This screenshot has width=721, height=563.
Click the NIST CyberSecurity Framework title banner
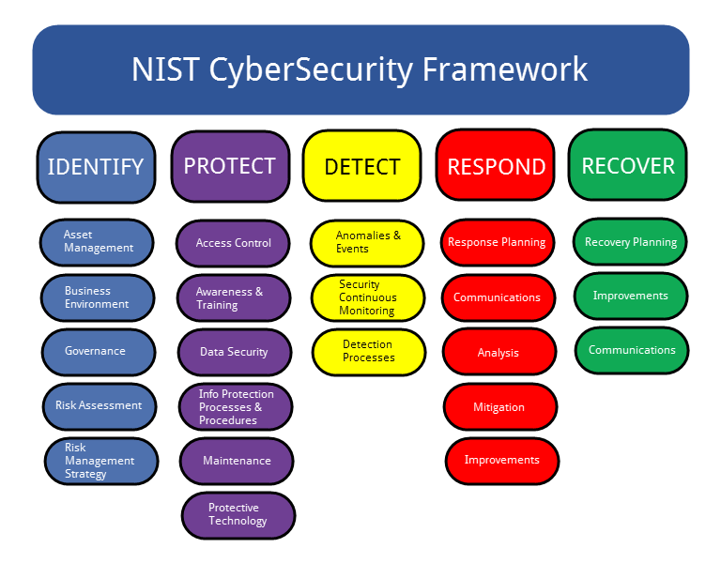pyautogui.click(x=360, y=70)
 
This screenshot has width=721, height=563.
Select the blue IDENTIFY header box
pyautogui.click(x=96, y=167)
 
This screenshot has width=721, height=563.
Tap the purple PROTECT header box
pyautogui.click(x=230, y=166)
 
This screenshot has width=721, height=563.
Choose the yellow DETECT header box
pyautogui.click(x=361, y=166)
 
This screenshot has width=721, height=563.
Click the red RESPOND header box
pyautogui.click(x=496, y=166)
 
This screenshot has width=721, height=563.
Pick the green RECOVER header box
pyautogui.click(x=628, y=165)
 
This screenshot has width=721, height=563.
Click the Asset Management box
pyautogui.click(x=97, y=242)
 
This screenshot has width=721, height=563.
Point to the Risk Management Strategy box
pyautogui.click(x=101, y=461)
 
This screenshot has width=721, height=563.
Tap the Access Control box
pyautogui.click(x=233, y=243)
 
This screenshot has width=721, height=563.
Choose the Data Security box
pyautogui.click(x=235, y=353)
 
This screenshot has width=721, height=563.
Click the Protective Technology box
pyautogui.click(x=238, y=515)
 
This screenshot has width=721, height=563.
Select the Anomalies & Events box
pyautogui.click(x=367, y=243)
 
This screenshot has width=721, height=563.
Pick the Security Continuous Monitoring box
pyautogui.click(x=368, y=297)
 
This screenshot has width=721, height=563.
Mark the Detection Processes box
pyautogui.click(x=369, y=352)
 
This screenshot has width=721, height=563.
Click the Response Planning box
pyautogui.click(x=497, y=242)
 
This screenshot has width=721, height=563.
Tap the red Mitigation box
pyautogui.click(x=499, y=407)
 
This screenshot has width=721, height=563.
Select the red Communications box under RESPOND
pyautogui.click(x=498, y=297)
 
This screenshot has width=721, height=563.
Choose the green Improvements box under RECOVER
pyautogui.click(x=631, y=297)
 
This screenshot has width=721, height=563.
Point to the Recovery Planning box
pyautogui.click(x=630, y=242)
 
